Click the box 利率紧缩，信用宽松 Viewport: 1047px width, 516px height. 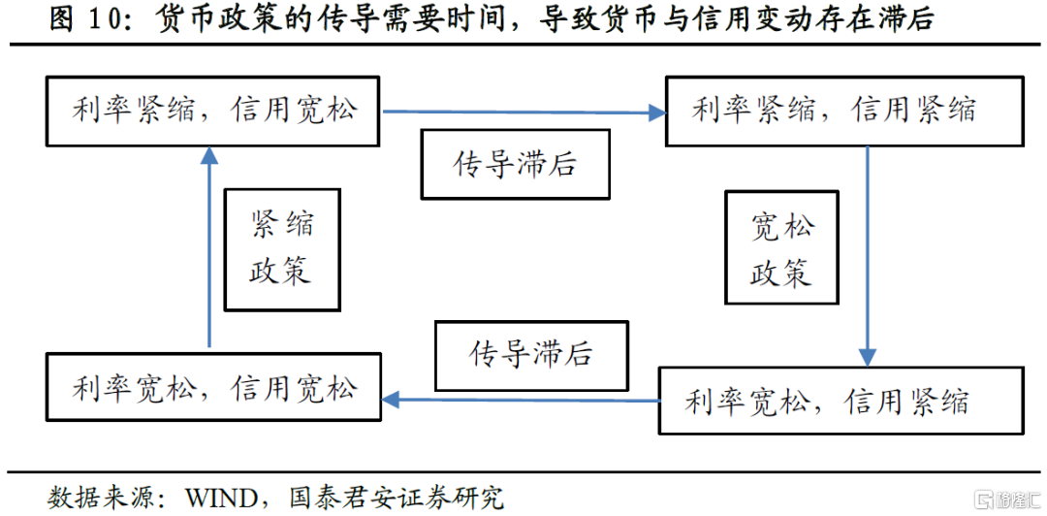coord(213,111)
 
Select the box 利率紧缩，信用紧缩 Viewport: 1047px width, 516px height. coord(843,111)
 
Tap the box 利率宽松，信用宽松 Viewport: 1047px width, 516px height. coord(213,388)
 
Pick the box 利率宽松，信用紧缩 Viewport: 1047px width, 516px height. coord(840,400)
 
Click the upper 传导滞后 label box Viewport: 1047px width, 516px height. coord(515,164)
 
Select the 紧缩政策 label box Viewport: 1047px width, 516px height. coord(281,248)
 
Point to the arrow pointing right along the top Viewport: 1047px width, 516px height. coord(523,113)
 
